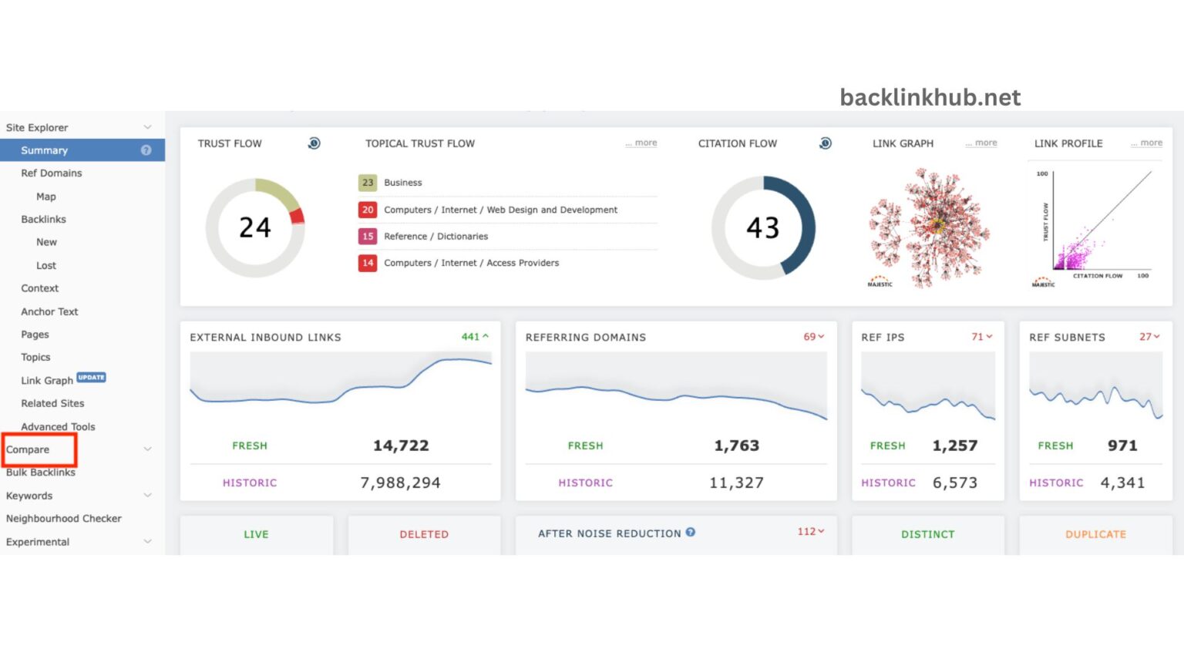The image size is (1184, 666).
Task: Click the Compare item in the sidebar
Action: (x=28, y=449)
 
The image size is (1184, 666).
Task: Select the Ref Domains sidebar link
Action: (x=51, y=173)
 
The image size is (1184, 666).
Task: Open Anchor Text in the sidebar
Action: (x=49, y=311)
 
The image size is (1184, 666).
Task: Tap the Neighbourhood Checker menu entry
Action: (x=63, y=519)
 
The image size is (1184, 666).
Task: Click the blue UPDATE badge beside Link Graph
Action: (x=91, y=378)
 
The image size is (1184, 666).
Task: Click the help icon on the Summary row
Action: (x=146, y=150)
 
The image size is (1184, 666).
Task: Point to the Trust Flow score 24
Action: (x=254, y=227)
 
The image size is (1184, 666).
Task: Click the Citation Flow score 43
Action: (x=762, y=227)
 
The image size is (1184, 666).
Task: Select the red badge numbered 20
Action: (x=368, y=210)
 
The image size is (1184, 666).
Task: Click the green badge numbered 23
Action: (x=368, y=183)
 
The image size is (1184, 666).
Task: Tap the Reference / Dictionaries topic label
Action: (x=436, y=237)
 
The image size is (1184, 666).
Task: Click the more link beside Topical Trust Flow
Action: (x=642, y=143)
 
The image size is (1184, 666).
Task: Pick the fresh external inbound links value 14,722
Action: (x=401, y=446)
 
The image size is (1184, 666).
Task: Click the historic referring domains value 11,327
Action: (x=736, y=483)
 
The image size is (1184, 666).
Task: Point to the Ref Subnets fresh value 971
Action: (x=1122, y=446)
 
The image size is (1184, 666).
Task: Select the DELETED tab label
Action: (x=423, y=534)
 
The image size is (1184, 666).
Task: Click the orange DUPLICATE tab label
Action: (x=1095, y=534)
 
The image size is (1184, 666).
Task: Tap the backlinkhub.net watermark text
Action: (x=930, y=97)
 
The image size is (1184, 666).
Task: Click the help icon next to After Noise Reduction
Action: (x=691, y=532)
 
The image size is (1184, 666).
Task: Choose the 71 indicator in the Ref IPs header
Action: (x=977, y=337)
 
